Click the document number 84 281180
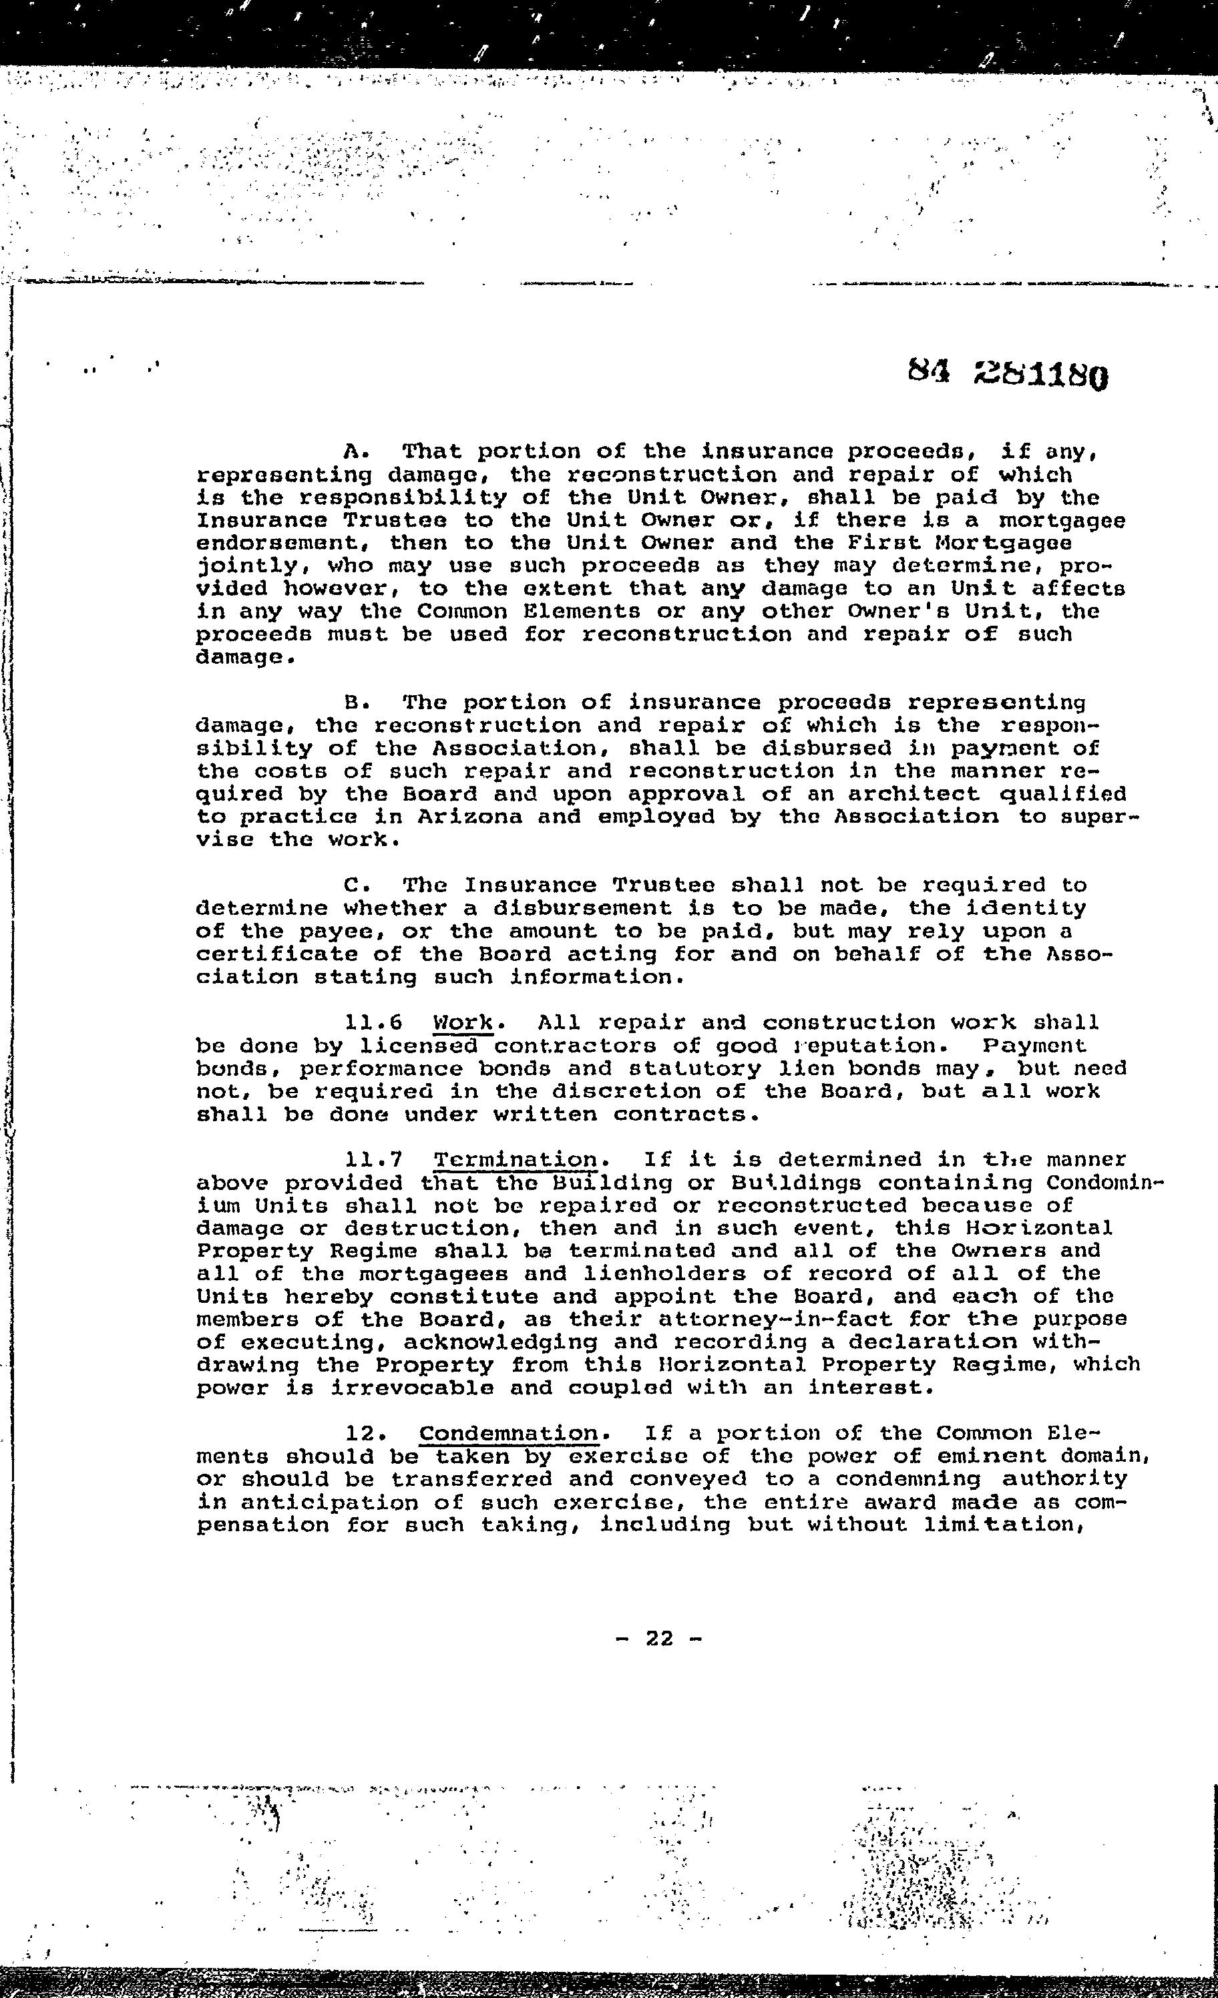[1007, 374]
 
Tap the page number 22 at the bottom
[659, 1639]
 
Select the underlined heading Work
[463, 1022]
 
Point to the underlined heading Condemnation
[508, 1434]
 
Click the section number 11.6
[374, 1022]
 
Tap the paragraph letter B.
[353, 703]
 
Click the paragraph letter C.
[353, 885]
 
